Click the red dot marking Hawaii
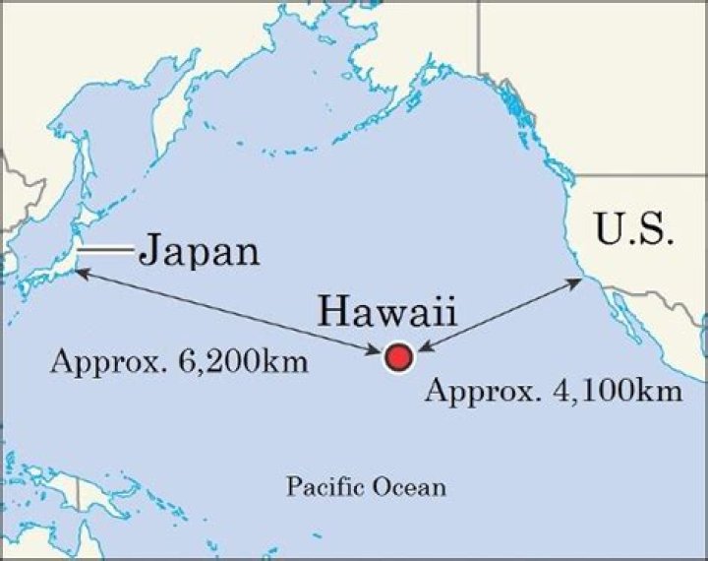(397, 357)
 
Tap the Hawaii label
(385, 314)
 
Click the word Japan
(200, 251)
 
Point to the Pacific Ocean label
(366, 486)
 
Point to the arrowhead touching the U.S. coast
(577, 281)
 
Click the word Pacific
(320, 486)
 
